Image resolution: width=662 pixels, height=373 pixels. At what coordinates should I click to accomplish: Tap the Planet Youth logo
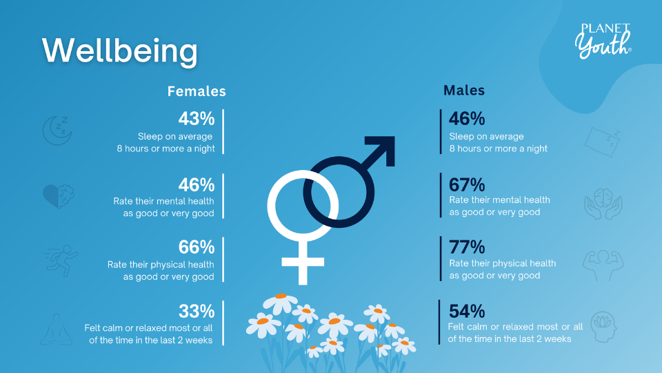coord(603,41)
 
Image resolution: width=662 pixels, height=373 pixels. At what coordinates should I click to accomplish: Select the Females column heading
coord(197,91)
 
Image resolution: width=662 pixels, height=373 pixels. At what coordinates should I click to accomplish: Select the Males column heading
coord(464,90)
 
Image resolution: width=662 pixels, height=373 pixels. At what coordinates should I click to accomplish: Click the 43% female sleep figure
coord(197,119)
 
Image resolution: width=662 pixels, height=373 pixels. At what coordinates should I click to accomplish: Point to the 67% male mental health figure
coord(467,185)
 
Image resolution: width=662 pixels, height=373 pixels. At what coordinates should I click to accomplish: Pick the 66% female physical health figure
coord(197,247)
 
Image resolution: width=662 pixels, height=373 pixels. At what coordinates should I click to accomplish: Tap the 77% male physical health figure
coord(467,247)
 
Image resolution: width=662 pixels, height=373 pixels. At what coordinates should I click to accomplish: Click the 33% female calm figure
coord(197,312)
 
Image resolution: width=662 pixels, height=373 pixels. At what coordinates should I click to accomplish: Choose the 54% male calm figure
coord(467,312)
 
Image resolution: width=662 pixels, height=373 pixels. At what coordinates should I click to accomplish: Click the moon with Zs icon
coord(57,131)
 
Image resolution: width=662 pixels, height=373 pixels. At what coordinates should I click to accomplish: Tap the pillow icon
coord(603,142)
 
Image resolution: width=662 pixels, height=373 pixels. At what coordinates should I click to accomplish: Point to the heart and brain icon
coord(58,195)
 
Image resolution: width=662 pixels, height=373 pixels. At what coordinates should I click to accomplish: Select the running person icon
coord(61,260)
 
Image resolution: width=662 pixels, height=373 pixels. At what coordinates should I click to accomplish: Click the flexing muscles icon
coord(603,265)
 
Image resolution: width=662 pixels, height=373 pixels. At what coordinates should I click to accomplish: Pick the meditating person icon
coord(56,329)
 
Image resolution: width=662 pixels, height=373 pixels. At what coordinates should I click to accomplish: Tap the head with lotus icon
coord(603,327)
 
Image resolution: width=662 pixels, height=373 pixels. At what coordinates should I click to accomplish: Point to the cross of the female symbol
coord(303,262)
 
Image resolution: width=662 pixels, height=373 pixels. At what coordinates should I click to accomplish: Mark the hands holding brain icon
coord(603,204)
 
